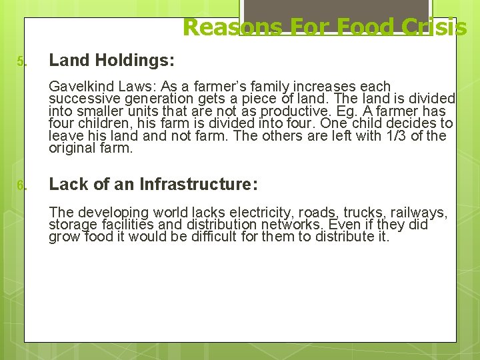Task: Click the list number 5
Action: pos(21,63)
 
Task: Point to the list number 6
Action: pos(21,185)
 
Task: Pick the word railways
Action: pos(421,213)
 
